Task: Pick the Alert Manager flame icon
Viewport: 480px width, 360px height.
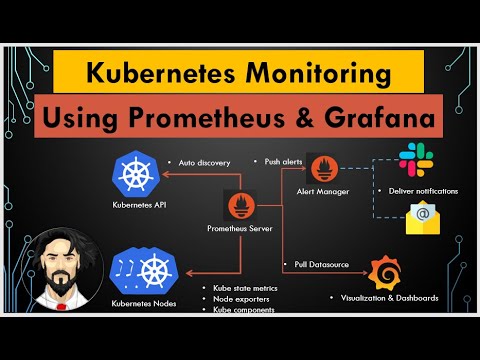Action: point(323,167)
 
